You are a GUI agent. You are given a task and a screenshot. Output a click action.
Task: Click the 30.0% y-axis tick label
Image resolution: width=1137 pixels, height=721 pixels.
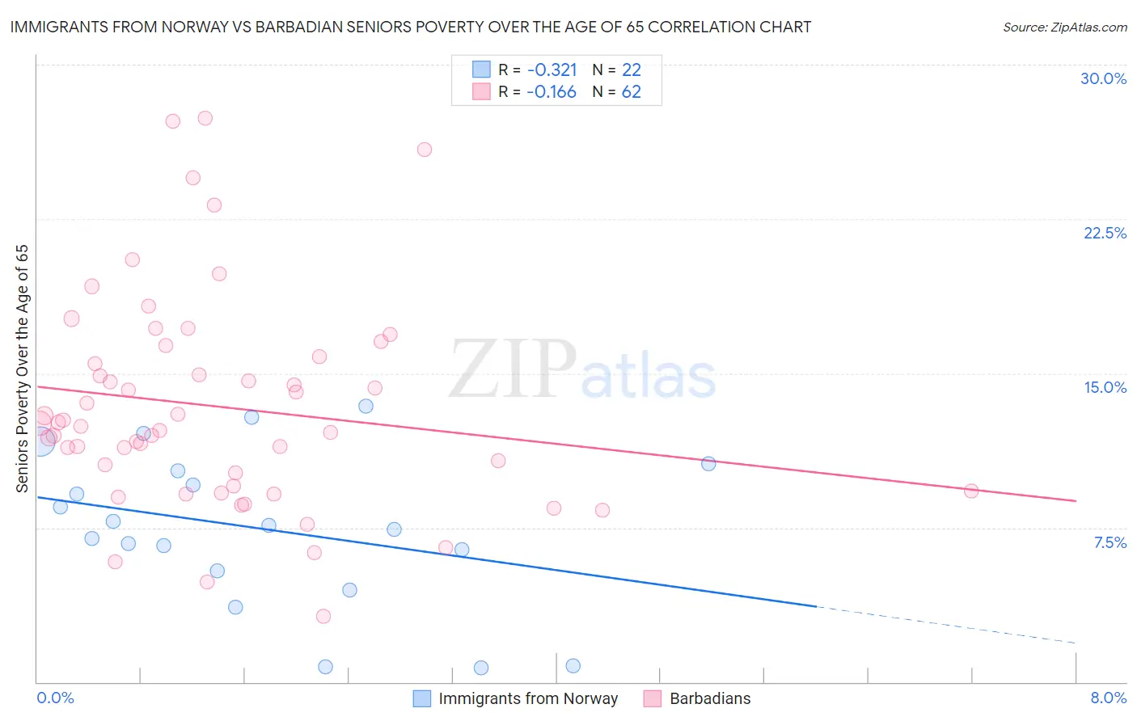pos(1103,78)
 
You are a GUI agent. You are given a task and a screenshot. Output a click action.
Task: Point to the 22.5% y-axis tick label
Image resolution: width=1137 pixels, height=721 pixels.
pos(1105,233)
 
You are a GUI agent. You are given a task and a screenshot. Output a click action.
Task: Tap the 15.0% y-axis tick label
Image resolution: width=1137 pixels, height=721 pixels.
pos(1105,387)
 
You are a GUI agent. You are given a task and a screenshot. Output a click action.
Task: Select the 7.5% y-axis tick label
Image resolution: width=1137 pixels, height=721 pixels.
pos(1110,542)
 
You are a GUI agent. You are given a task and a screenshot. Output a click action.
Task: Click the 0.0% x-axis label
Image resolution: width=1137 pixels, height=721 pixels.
pos(56,698)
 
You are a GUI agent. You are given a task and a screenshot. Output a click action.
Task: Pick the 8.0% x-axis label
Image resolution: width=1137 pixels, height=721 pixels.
pos(1108,698)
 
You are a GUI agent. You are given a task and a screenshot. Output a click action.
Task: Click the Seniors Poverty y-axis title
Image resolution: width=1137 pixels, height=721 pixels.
pos(22,368)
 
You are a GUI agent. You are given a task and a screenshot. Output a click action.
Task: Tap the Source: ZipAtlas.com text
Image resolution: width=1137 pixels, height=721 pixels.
pos(1064,27)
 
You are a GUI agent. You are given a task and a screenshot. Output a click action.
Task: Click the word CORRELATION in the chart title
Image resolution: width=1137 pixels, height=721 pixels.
pos(710,27)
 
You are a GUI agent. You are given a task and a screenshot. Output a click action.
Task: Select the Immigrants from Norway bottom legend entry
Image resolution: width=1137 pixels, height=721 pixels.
pos(527,698)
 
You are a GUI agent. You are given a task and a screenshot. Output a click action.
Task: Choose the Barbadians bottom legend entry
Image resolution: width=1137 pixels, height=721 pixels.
pos(709,698)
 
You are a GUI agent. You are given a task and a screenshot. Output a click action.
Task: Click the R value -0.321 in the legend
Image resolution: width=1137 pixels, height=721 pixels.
pos(551,70)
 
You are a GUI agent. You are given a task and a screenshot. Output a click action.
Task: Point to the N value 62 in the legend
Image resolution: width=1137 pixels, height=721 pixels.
pos(631,92)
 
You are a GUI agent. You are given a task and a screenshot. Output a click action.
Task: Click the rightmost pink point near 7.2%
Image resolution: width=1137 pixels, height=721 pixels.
pos(971,491)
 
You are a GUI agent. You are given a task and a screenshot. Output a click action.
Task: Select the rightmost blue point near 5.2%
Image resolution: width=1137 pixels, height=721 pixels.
pos(708,463)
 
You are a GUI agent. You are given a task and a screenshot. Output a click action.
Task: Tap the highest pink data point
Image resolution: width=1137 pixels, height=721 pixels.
pos(205,118)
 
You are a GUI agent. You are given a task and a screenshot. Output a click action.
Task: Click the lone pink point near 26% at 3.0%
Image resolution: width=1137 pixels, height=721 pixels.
pos(425,150)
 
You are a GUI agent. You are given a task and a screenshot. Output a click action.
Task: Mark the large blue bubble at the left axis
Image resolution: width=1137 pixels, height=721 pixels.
pos(39,441)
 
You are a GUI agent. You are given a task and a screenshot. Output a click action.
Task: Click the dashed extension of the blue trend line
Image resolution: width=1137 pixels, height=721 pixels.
pos(946,625)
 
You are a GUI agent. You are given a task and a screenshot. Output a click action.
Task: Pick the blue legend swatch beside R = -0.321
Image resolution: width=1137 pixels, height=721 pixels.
pos(481,70)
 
